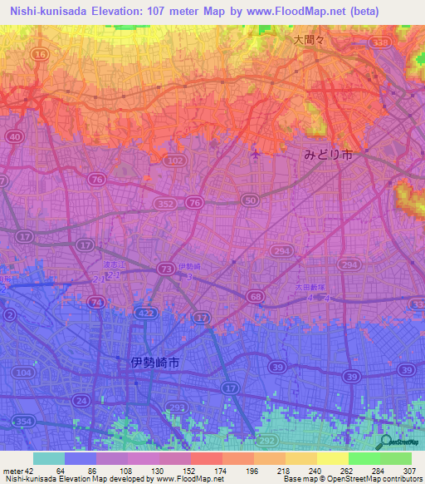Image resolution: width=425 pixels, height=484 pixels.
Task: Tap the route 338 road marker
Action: [381, 42]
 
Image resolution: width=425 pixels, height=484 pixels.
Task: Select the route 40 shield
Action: [13, 136]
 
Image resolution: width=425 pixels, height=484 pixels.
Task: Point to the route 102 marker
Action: [174, 160]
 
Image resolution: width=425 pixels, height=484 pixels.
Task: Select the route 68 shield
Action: [256, 296]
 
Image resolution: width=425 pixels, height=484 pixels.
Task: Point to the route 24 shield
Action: [82, 401]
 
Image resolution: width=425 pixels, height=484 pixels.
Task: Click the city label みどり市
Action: [328, 155]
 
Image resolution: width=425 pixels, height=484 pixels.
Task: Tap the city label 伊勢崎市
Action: [155, 363]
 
